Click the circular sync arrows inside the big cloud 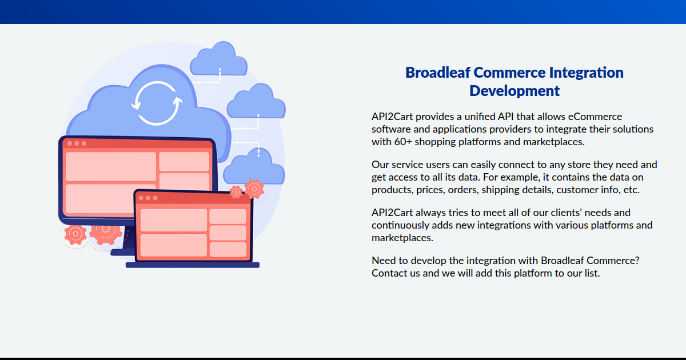(x=157, y=103)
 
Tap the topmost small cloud (x=218, y=61)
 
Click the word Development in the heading (x=514, y=91)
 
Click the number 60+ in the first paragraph (x=402, y=142)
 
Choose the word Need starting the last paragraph (x=384, y=261)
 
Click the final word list (x=591, y=273)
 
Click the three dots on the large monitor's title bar (x=77, y=143)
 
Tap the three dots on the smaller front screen (x=147, y=198)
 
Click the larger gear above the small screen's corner (x=254, y=187)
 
